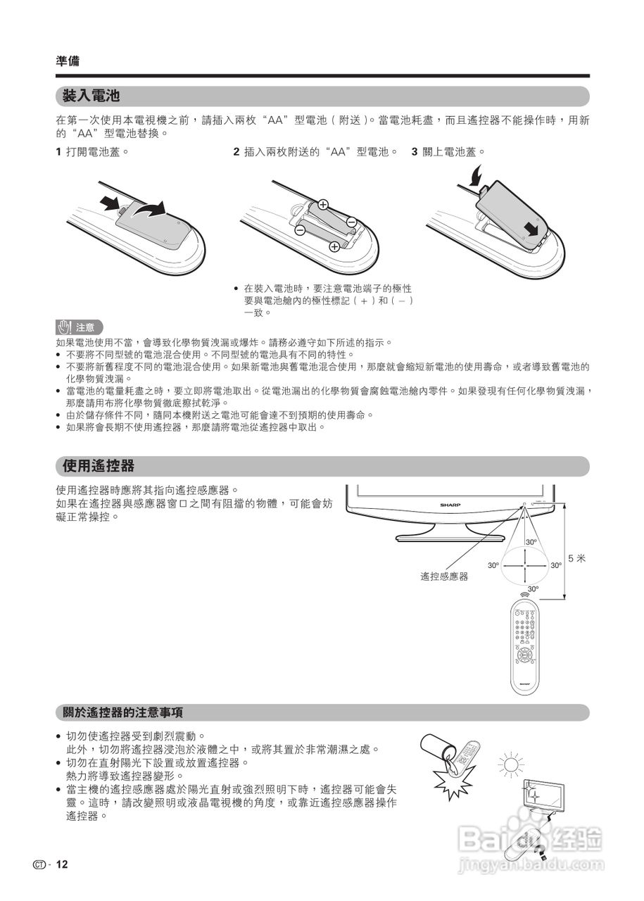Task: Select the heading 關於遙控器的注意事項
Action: [x=123, y=712]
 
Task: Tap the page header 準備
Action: [x=68, y=61]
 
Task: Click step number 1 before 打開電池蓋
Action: [x=58, y=151]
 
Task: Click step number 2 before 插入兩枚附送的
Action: [x=236, y=151]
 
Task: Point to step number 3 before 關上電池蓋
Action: [x=415, y=151]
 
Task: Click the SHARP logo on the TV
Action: [x=450, y=505]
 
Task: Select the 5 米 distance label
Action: [x=577, y=559]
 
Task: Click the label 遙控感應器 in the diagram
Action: [x=444, y=576]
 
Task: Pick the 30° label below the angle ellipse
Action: [x=533, y=588]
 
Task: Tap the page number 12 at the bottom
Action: [x=62, y=864]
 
